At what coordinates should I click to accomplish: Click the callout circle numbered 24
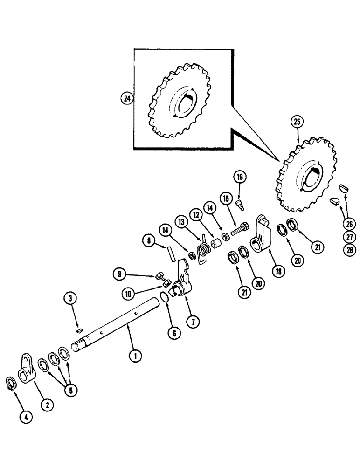click(x=126, y=98)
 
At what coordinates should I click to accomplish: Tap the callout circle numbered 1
click(x=135, y=356)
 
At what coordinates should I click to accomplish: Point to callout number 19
click(x=239, y=177)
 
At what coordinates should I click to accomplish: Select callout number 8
click(x=149, y=241)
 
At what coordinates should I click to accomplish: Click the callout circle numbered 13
click(x=180, y=220)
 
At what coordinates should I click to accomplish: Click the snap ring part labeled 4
click(x=12, y=384)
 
